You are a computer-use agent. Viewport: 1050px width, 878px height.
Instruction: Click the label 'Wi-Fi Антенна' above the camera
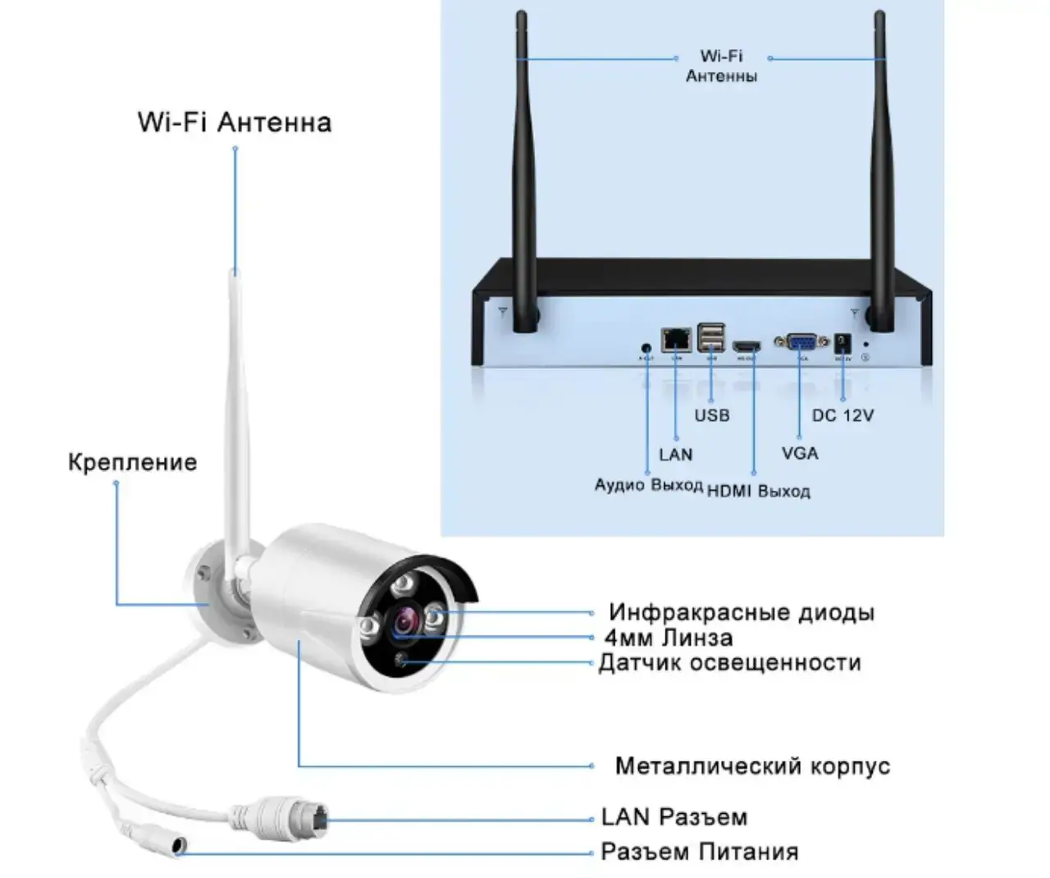pyautogui.click(x=235, y=122)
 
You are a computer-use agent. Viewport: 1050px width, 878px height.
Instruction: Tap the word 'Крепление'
pyautogui.click(x=132, y=462)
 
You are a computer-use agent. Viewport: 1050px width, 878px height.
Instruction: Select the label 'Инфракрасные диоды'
pyautogui.click(x=741, y=612)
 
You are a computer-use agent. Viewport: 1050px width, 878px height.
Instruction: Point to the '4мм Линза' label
pyautogui.click(x=669, y=638)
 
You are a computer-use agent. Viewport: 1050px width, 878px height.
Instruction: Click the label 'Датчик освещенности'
pyautogui.click(x=730, y=662)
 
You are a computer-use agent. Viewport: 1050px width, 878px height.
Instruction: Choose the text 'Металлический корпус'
pyautogui.click(x=752, y=766)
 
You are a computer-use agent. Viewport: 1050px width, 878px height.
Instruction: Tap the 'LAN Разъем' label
pyautogui.click(x=674, y=817)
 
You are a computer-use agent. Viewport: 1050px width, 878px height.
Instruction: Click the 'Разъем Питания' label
pyautogui.click(x=699, y=852)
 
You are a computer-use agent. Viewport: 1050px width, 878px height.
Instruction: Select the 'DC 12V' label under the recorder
pyautogui.click(x=842, y=415)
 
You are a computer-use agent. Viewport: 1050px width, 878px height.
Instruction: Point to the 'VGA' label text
pyautogui.click(x=800, y=453)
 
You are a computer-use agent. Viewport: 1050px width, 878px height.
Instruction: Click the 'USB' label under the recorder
pyautogui.click(x=711, y=415)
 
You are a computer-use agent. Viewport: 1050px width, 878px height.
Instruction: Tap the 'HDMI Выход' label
pyautogui.click(x=759, y=492)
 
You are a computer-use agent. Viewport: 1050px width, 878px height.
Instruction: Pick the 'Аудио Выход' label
pyautogui.click(x=648, y=485)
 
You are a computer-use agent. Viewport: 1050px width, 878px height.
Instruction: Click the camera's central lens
pyautogui.click(x=404, y=622)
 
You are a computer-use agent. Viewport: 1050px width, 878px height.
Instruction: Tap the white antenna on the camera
pyautogui.click(x=235, y=410)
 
